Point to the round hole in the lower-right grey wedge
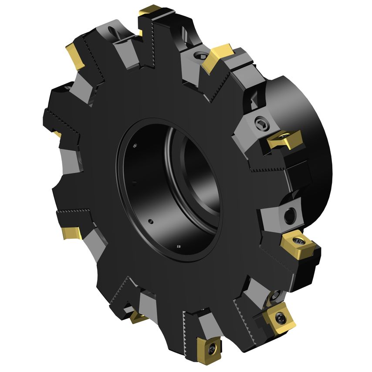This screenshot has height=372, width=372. (289, 214)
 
